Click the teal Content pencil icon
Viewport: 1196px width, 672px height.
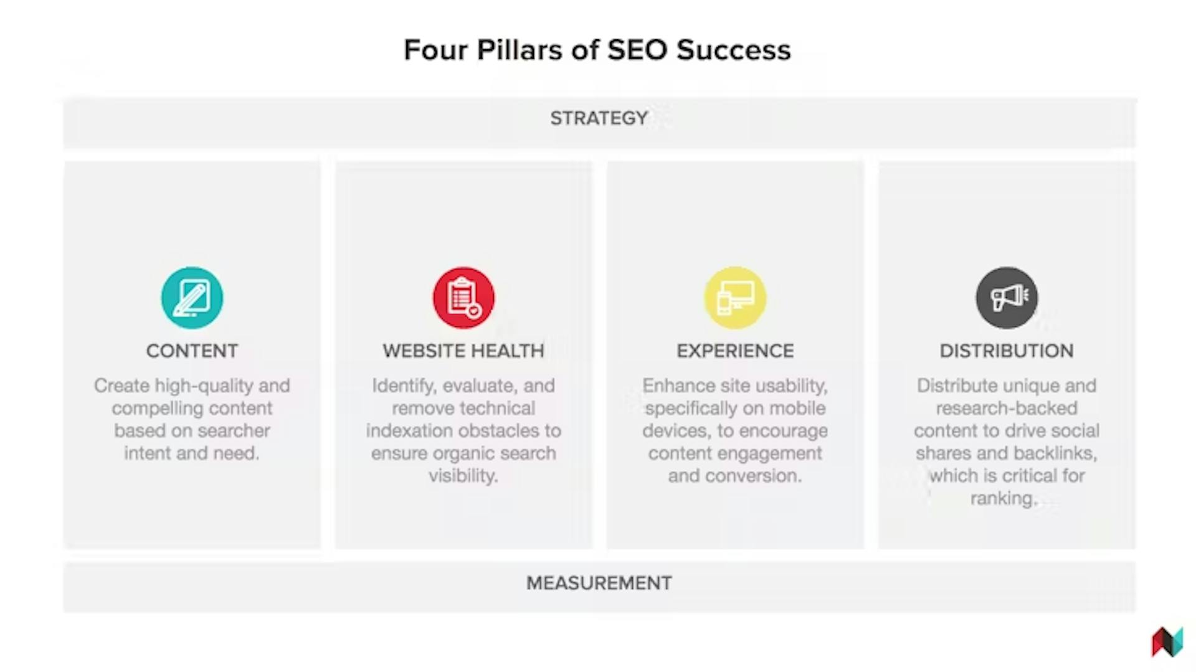tap(192, 298)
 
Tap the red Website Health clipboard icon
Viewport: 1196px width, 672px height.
tap(463, 298)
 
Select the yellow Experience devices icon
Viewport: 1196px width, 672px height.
tap(735, 298)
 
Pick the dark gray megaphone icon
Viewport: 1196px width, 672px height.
tap(1007, 298)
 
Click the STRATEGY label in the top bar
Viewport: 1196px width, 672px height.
tap(599, 118)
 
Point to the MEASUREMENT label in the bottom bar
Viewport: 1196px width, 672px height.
tap(599, 583)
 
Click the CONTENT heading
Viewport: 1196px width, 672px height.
tap(192, 351)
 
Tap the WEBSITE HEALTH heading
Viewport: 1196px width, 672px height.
tap(463, 351)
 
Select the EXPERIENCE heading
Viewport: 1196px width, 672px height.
tap(735, 351)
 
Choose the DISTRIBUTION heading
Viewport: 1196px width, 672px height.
tap(1007, 351)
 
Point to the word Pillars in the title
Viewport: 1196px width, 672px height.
tap(520, 50)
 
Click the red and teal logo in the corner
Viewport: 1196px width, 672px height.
tap(1167, 641)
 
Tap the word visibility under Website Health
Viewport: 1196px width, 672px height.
tap(463, 476)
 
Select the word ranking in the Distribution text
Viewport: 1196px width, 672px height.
tap(1003, 498)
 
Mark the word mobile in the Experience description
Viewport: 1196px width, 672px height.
tap(797, 409)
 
